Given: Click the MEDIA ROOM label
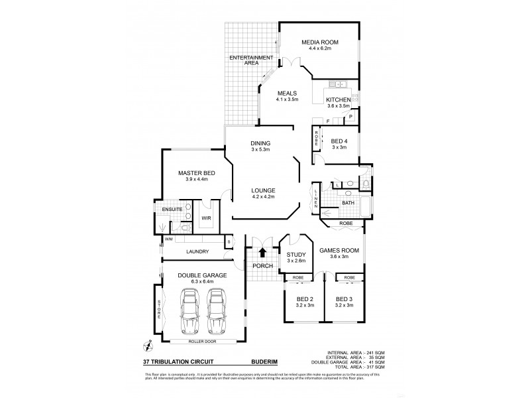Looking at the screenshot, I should coord(320,42).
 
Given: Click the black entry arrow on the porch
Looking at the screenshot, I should coord(263,252).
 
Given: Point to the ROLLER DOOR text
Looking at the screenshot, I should coord(201,342).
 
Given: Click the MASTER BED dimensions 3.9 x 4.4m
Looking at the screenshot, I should coord(193,179).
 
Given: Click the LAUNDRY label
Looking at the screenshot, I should coord(197,251).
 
